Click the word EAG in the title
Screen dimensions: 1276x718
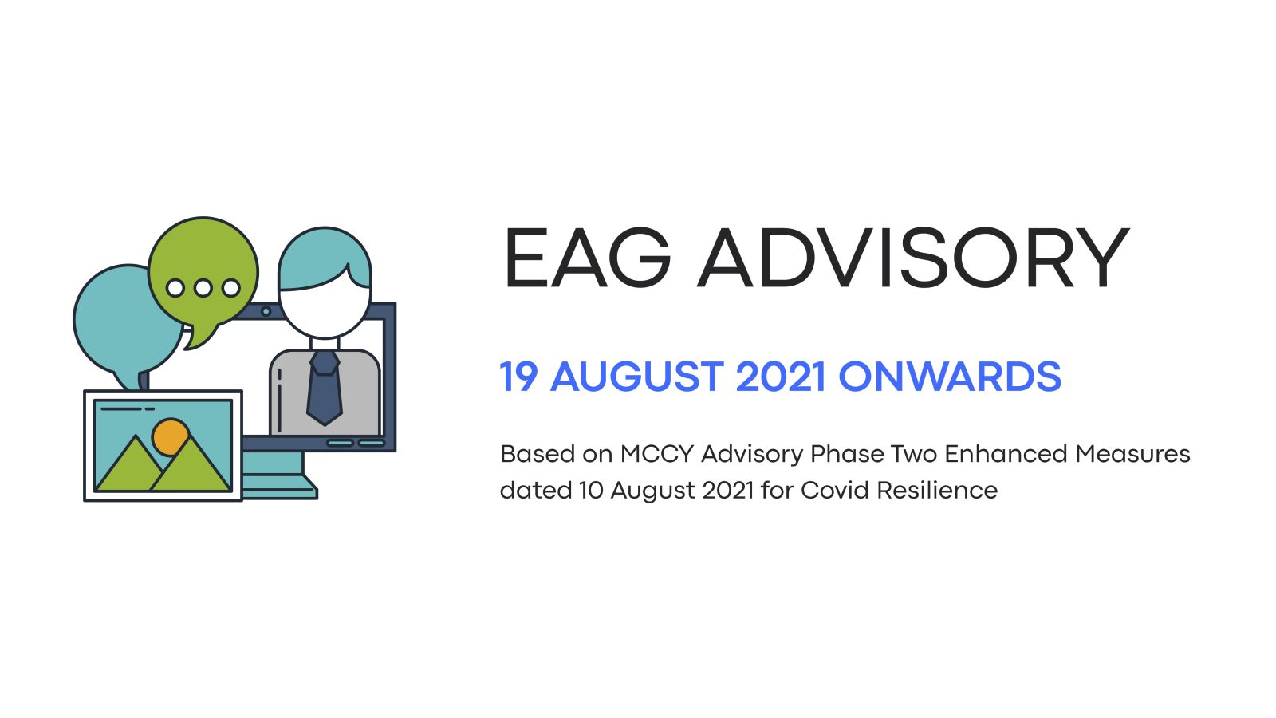587,258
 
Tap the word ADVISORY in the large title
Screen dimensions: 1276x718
913,258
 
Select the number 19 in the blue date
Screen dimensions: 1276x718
518,377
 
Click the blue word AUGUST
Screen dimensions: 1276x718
637,377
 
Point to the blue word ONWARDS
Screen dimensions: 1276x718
950,377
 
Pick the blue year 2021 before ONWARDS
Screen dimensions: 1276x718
781,377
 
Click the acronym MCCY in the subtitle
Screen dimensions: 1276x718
657,454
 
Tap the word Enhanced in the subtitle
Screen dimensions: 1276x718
1006,454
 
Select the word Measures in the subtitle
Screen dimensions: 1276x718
1132,454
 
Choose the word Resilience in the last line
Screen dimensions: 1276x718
937,490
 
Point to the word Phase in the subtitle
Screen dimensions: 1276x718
846,454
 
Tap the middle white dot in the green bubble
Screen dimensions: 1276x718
203,288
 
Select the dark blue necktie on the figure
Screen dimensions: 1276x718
325,388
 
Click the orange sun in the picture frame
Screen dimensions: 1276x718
170,436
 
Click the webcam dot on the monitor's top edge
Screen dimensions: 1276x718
266,312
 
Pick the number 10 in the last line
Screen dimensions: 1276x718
591,490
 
